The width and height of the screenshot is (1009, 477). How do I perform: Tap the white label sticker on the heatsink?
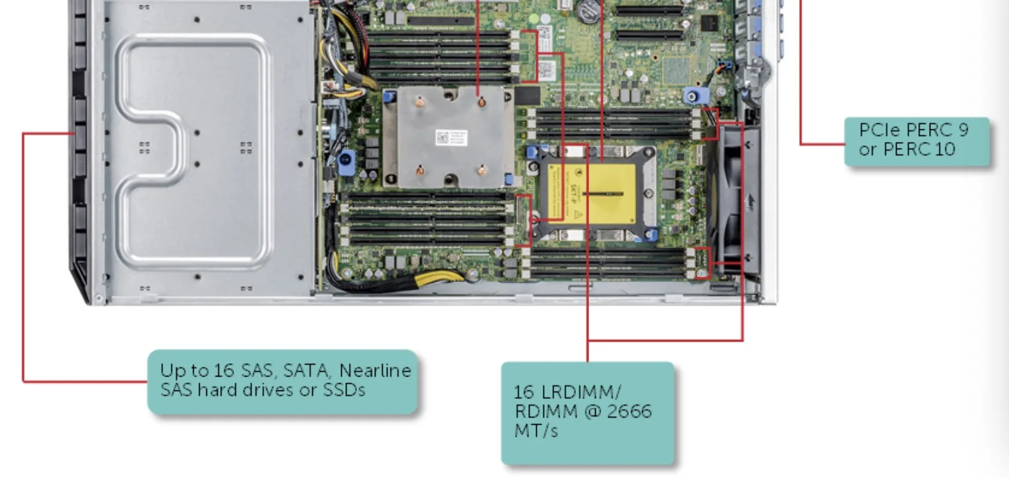(x=451, y=138)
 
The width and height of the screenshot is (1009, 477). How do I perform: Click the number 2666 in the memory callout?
(x=629, y=411)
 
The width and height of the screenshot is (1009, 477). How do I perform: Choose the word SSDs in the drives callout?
(x=343, y=389)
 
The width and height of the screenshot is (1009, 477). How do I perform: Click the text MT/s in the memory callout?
(x=536, y=430)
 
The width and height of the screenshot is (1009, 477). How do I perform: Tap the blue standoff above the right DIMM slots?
(x=691, y=96)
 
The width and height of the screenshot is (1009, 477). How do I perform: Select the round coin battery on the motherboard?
(x=588, y=8)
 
